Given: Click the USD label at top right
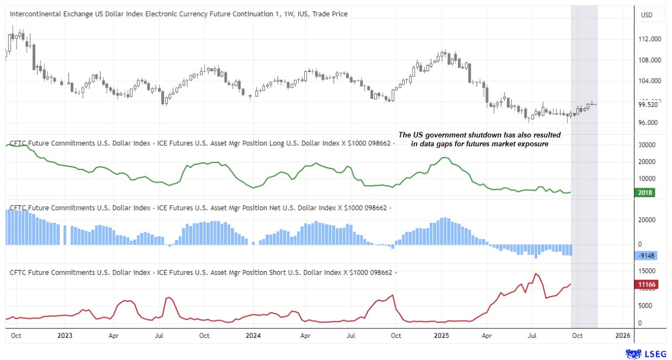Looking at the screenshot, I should pyautogui.click(x=645, y=15).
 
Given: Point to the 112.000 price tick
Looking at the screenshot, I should pyautogui.click(x=650, y=39).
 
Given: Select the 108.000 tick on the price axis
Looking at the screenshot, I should pyautogui.click(x=650, y=60).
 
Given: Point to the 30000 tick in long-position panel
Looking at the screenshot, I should pyautogui.click(x=646, y=145).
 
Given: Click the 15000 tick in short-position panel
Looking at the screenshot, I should pyautogui.click(x=646, y=271).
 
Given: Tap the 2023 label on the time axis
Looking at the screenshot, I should pyautogui.click(x=65, y=335).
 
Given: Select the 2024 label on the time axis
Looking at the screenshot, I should pyautogui.click(x=253, y=335).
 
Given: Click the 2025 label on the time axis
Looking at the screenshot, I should pyautogui.click(x=441, y=335).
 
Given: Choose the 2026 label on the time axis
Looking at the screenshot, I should pyautogui.click(x=622, y=335).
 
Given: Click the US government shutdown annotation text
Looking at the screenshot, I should pyautogui.click(x=479, y=139).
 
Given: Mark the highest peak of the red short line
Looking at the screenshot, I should pyautogui.click(x=535, y=273).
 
